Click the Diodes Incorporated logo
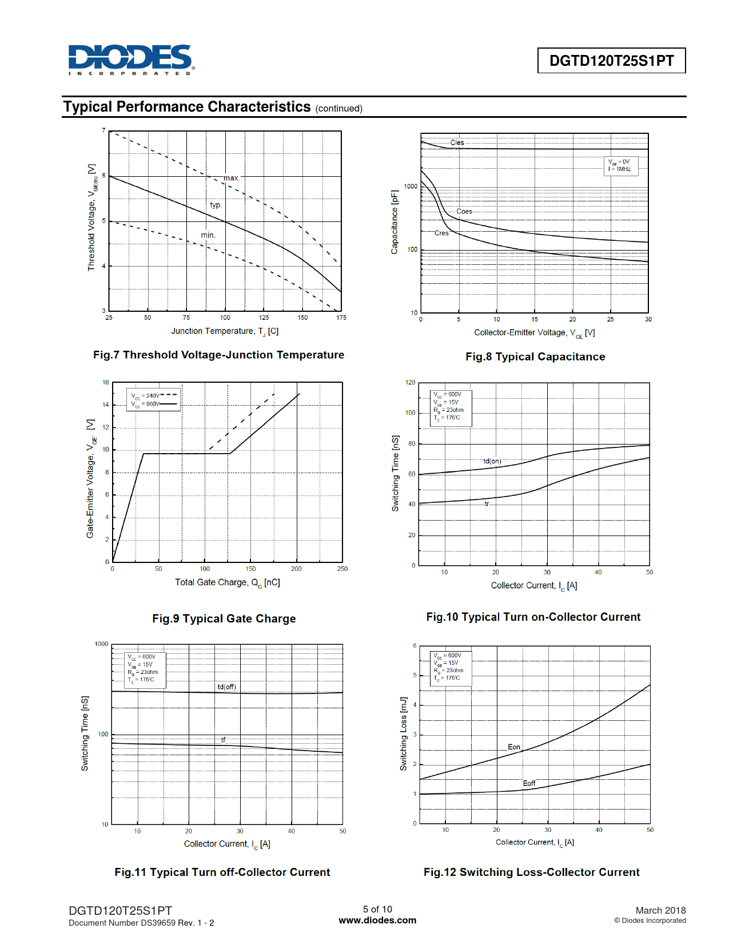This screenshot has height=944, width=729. (x=131, y=60)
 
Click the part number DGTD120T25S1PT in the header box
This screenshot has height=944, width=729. (x=611, y=61)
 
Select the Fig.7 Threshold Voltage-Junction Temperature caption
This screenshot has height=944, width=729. (x=218, y=355)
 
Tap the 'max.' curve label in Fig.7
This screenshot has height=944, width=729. (x=232, y=178)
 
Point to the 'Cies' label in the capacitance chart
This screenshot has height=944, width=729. (x=457, y=142)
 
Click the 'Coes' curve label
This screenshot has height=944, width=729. (x=464, y=211)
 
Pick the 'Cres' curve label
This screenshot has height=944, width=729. (x=441, y=233)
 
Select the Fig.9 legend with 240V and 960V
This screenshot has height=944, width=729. (x=154, y=399)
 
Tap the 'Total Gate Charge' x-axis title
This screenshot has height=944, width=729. (x=227, y=582)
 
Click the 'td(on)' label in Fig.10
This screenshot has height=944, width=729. (x=492, y=461)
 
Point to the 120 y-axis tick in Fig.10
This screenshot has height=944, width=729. (x=410, y=382)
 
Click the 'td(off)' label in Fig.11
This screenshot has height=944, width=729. (x=226, y=687)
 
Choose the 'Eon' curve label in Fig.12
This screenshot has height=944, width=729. (x=514, y=747)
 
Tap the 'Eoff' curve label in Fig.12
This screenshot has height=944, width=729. (x=529, y=783)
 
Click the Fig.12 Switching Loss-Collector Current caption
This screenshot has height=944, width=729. (x=531, y=872)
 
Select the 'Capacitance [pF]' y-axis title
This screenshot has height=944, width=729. (x=394, y=222)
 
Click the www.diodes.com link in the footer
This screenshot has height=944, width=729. (x=377, y=920)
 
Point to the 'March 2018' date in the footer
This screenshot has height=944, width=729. (x=660, y=910)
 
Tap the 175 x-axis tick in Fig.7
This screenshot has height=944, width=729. (x=341, y=318)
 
